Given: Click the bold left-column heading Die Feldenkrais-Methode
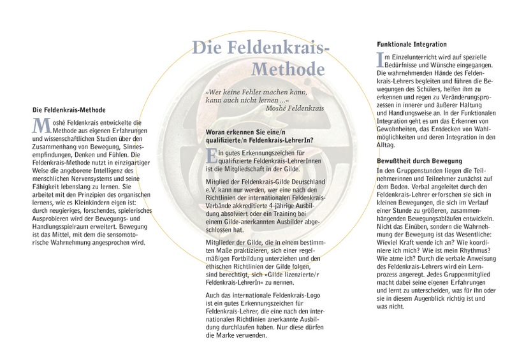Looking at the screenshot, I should pos(69,110).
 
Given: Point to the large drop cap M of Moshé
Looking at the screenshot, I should pos(40,125).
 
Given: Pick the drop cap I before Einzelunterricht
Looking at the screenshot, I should pos(381,59).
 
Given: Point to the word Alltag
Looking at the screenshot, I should pos(388,145).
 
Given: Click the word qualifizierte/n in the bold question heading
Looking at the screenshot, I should pos(229,140).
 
